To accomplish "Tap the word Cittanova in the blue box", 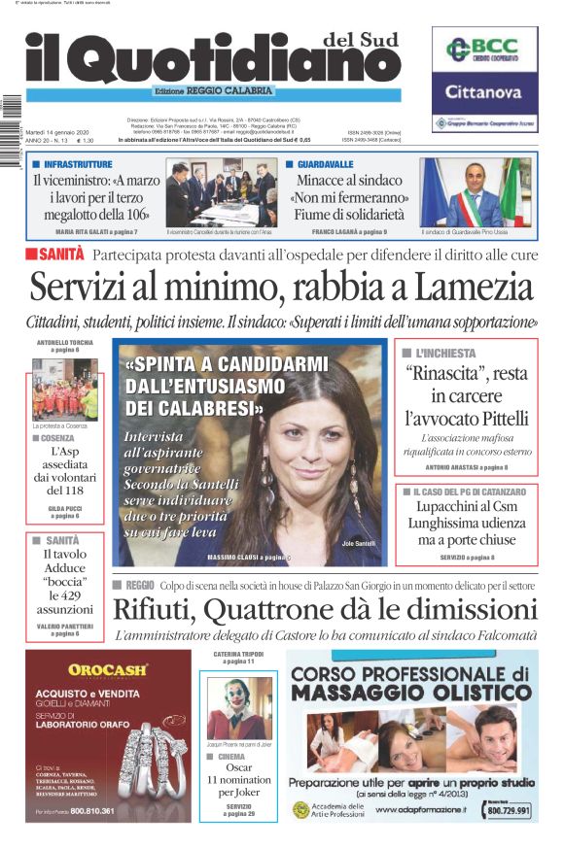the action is pos(484,93).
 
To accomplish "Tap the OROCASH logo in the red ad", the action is pos(108,668).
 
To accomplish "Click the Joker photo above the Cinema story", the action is pos(239,708).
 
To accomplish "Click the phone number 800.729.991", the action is pos(509,809).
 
